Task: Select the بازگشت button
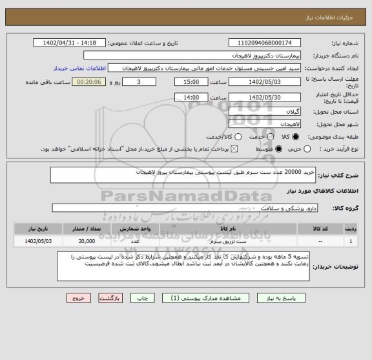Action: [x=110, y=299]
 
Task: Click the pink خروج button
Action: [x=78, y=299]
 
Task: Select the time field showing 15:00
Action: [x=191, y=83]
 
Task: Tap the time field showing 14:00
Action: [x=191, y=97]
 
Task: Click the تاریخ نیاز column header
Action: [x=37, y=229]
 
